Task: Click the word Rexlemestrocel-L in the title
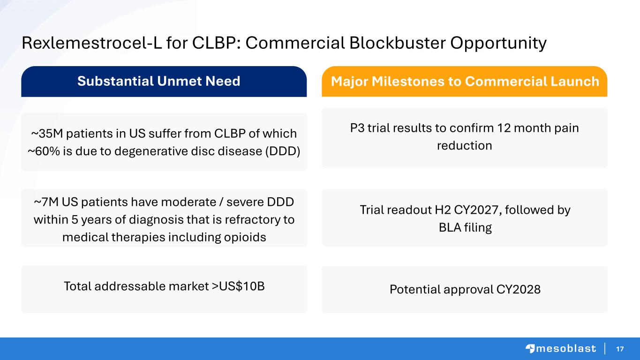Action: point(92,43)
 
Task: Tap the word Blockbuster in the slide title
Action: point(398,43)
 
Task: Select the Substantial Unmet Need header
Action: point(158,81)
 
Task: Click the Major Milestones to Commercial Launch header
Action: point(465,82)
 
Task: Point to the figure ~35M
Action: point(47,134)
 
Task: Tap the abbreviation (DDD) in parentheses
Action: point(283,151)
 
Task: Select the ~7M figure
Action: point(46,202)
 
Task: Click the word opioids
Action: point(245,238)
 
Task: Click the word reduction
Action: point(465,146)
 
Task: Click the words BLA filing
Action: point(465,228)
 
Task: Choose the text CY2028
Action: point(518,289)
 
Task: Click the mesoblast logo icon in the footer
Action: point(530,349)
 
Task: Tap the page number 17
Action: point(620,349)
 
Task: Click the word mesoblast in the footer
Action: point(566,349)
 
